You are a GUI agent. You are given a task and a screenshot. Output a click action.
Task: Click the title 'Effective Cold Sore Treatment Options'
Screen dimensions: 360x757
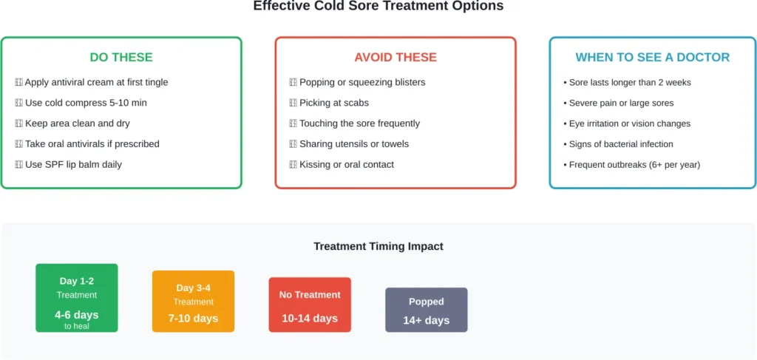point(378,6)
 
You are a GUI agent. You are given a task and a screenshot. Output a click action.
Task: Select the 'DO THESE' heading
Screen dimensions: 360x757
point(121,57)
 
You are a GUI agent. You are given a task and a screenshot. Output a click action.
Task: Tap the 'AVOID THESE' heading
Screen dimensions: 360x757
point(396,57)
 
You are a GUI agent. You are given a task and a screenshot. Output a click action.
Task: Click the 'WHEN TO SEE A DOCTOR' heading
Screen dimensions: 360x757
point(653,57)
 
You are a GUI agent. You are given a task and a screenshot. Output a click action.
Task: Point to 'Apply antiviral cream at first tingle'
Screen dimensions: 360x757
point(96,82)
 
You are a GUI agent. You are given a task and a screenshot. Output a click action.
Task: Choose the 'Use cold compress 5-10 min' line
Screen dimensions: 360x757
point(86,103)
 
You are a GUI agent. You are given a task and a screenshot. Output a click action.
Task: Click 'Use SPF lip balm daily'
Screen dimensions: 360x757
point(73,164)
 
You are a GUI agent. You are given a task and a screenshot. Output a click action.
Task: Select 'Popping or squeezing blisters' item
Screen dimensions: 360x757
point(362,82)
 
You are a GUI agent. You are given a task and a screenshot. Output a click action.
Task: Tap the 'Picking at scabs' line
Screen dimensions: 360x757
point(333,103)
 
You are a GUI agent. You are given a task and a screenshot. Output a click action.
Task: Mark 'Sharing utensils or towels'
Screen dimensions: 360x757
point(353,143)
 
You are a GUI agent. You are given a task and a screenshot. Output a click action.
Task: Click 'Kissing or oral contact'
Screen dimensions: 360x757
point(346,164)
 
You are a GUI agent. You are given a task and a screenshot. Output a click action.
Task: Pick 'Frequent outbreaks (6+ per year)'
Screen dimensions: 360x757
point(634,164)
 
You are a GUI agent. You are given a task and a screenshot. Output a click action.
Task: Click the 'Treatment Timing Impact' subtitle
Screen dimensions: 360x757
point(378,246)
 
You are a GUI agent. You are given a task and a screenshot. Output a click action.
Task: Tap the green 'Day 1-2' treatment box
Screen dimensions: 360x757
point(77,297)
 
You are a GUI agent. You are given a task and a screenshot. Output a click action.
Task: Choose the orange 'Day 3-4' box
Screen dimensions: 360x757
point(193,301)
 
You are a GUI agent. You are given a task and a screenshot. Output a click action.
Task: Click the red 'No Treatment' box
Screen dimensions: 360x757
point(310,305)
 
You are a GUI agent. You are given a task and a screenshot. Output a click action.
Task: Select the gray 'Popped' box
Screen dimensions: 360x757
point(427,310)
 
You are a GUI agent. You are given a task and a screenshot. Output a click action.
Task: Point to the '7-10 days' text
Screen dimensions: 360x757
point(193,319)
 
